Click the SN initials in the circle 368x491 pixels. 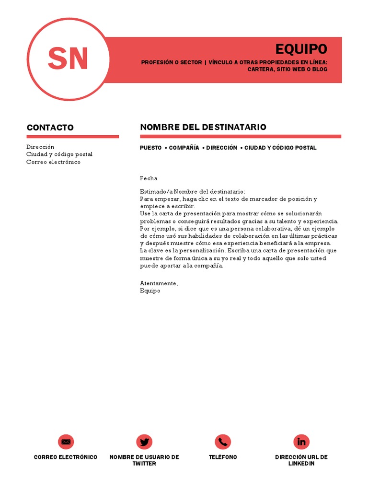pos(68,59)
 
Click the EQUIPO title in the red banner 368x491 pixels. pos(301,49)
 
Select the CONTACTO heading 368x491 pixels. pos(50,128)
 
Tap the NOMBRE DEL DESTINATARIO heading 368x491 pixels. pos(203,127)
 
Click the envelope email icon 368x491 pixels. pos(66,442)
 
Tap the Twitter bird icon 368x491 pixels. pos(144,442)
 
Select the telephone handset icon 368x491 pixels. pos(223,442)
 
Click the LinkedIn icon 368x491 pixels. pos(301,442)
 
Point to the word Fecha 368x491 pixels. pos(149,178)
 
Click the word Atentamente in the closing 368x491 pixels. pos(159,283)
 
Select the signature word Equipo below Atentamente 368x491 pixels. pos(150,291)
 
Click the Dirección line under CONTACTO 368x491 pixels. pos(41,147)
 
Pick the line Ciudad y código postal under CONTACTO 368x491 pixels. pos(59,154)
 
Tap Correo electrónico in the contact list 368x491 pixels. pos(53,162)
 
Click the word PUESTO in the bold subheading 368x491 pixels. pos(150,148)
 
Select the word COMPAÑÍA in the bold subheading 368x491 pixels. pos(184,148)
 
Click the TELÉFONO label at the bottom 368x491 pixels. pos(223,457)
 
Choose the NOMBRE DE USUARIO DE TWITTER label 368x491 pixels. pos(144,460)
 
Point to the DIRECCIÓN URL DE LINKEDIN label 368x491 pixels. pos(301,460)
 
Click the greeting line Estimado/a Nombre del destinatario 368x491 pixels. pos(192,192)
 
